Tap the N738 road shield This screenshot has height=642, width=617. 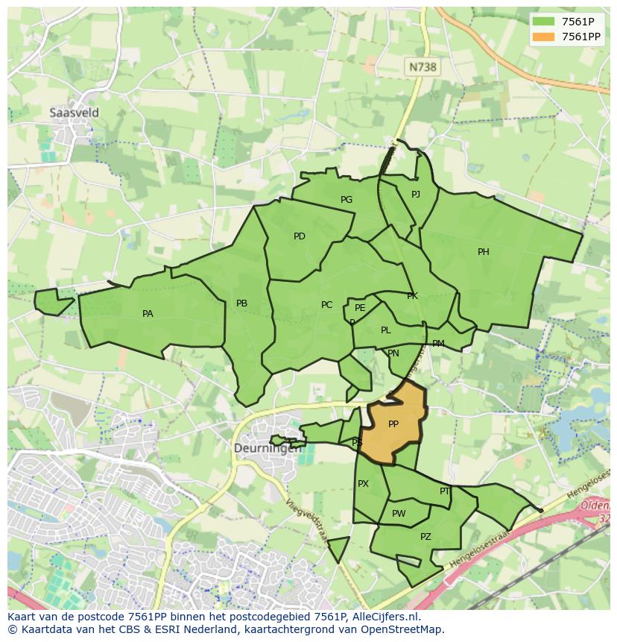point(422,67)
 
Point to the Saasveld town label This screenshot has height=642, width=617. point(74,113)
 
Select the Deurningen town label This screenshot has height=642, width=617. point(268,448)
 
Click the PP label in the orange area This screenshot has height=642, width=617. point(393,424)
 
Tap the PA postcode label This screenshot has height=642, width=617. point(148,314)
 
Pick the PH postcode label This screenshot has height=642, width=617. point(484,252)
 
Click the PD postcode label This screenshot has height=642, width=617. point(300,236)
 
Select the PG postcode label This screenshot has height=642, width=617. point(347,200)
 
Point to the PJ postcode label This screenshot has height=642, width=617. point(416,195)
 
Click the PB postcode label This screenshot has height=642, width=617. point(241,303)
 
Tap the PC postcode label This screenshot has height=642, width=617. point(326,305)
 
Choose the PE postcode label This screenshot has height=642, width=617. point(360,308)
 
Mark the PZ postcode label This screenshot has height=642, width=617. point(425,537)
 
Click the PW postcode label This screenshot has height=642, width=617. point(399,514)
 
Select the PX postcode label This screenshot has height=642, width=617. point(363,484)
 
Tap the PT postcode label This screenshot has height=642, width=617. point(445,491)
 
